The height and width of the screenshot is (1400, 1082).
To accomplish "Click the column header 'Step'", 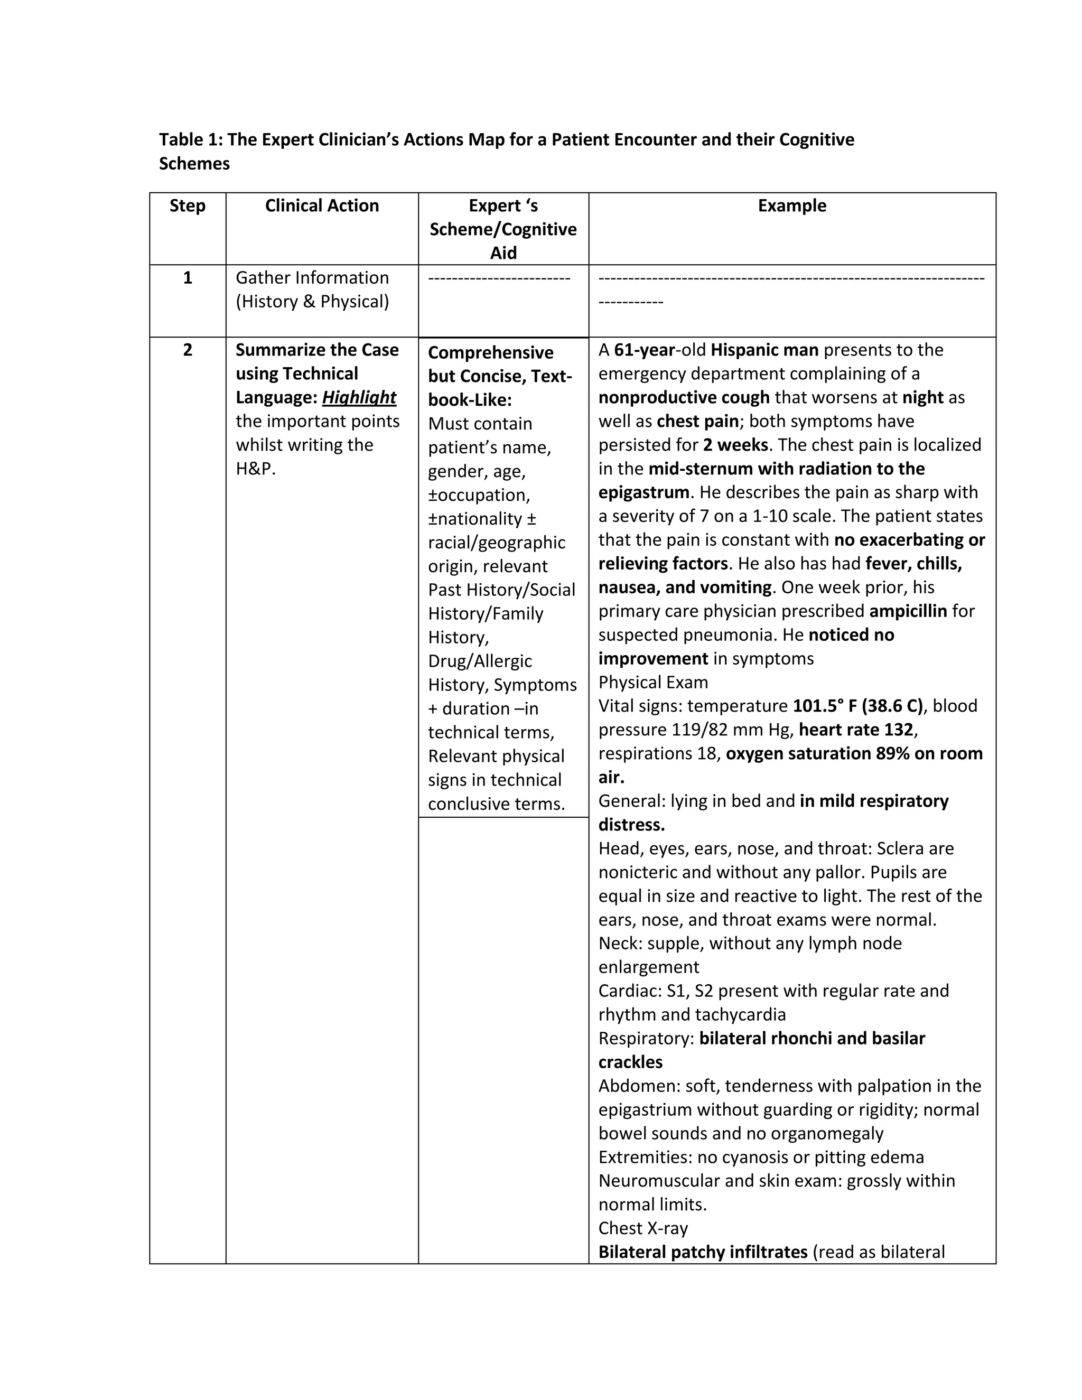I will (187, 206).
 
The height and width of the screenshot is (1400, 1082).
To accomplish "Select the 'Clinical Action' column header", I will (322, 206).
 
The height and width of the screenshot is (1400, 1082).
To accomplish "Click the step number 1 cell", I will (187, 277).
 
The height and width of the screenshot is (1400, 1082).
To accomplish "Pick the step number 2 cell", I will (187, 350).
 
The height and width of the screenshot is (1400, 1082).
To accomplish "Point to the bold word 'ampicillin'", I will (908, 611).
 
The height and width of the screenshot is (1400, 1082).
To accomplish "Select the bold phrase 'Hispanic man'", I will (764, 350).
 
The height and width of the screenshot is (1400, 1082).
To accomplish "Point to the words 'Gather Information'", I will (312, 277).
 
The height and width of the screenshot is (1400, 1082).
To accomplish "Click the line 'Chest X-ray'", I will (643, 1228).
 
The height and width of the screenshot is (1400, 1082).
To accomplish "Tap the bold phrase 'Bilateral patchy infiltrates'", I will (703, 1252).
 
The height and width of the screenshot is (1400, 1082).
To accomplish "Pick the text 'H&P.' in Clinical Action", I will (256, 469).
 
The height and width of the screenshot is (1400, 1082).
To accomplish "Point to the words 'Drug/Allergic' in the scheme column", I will (480, 661).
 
